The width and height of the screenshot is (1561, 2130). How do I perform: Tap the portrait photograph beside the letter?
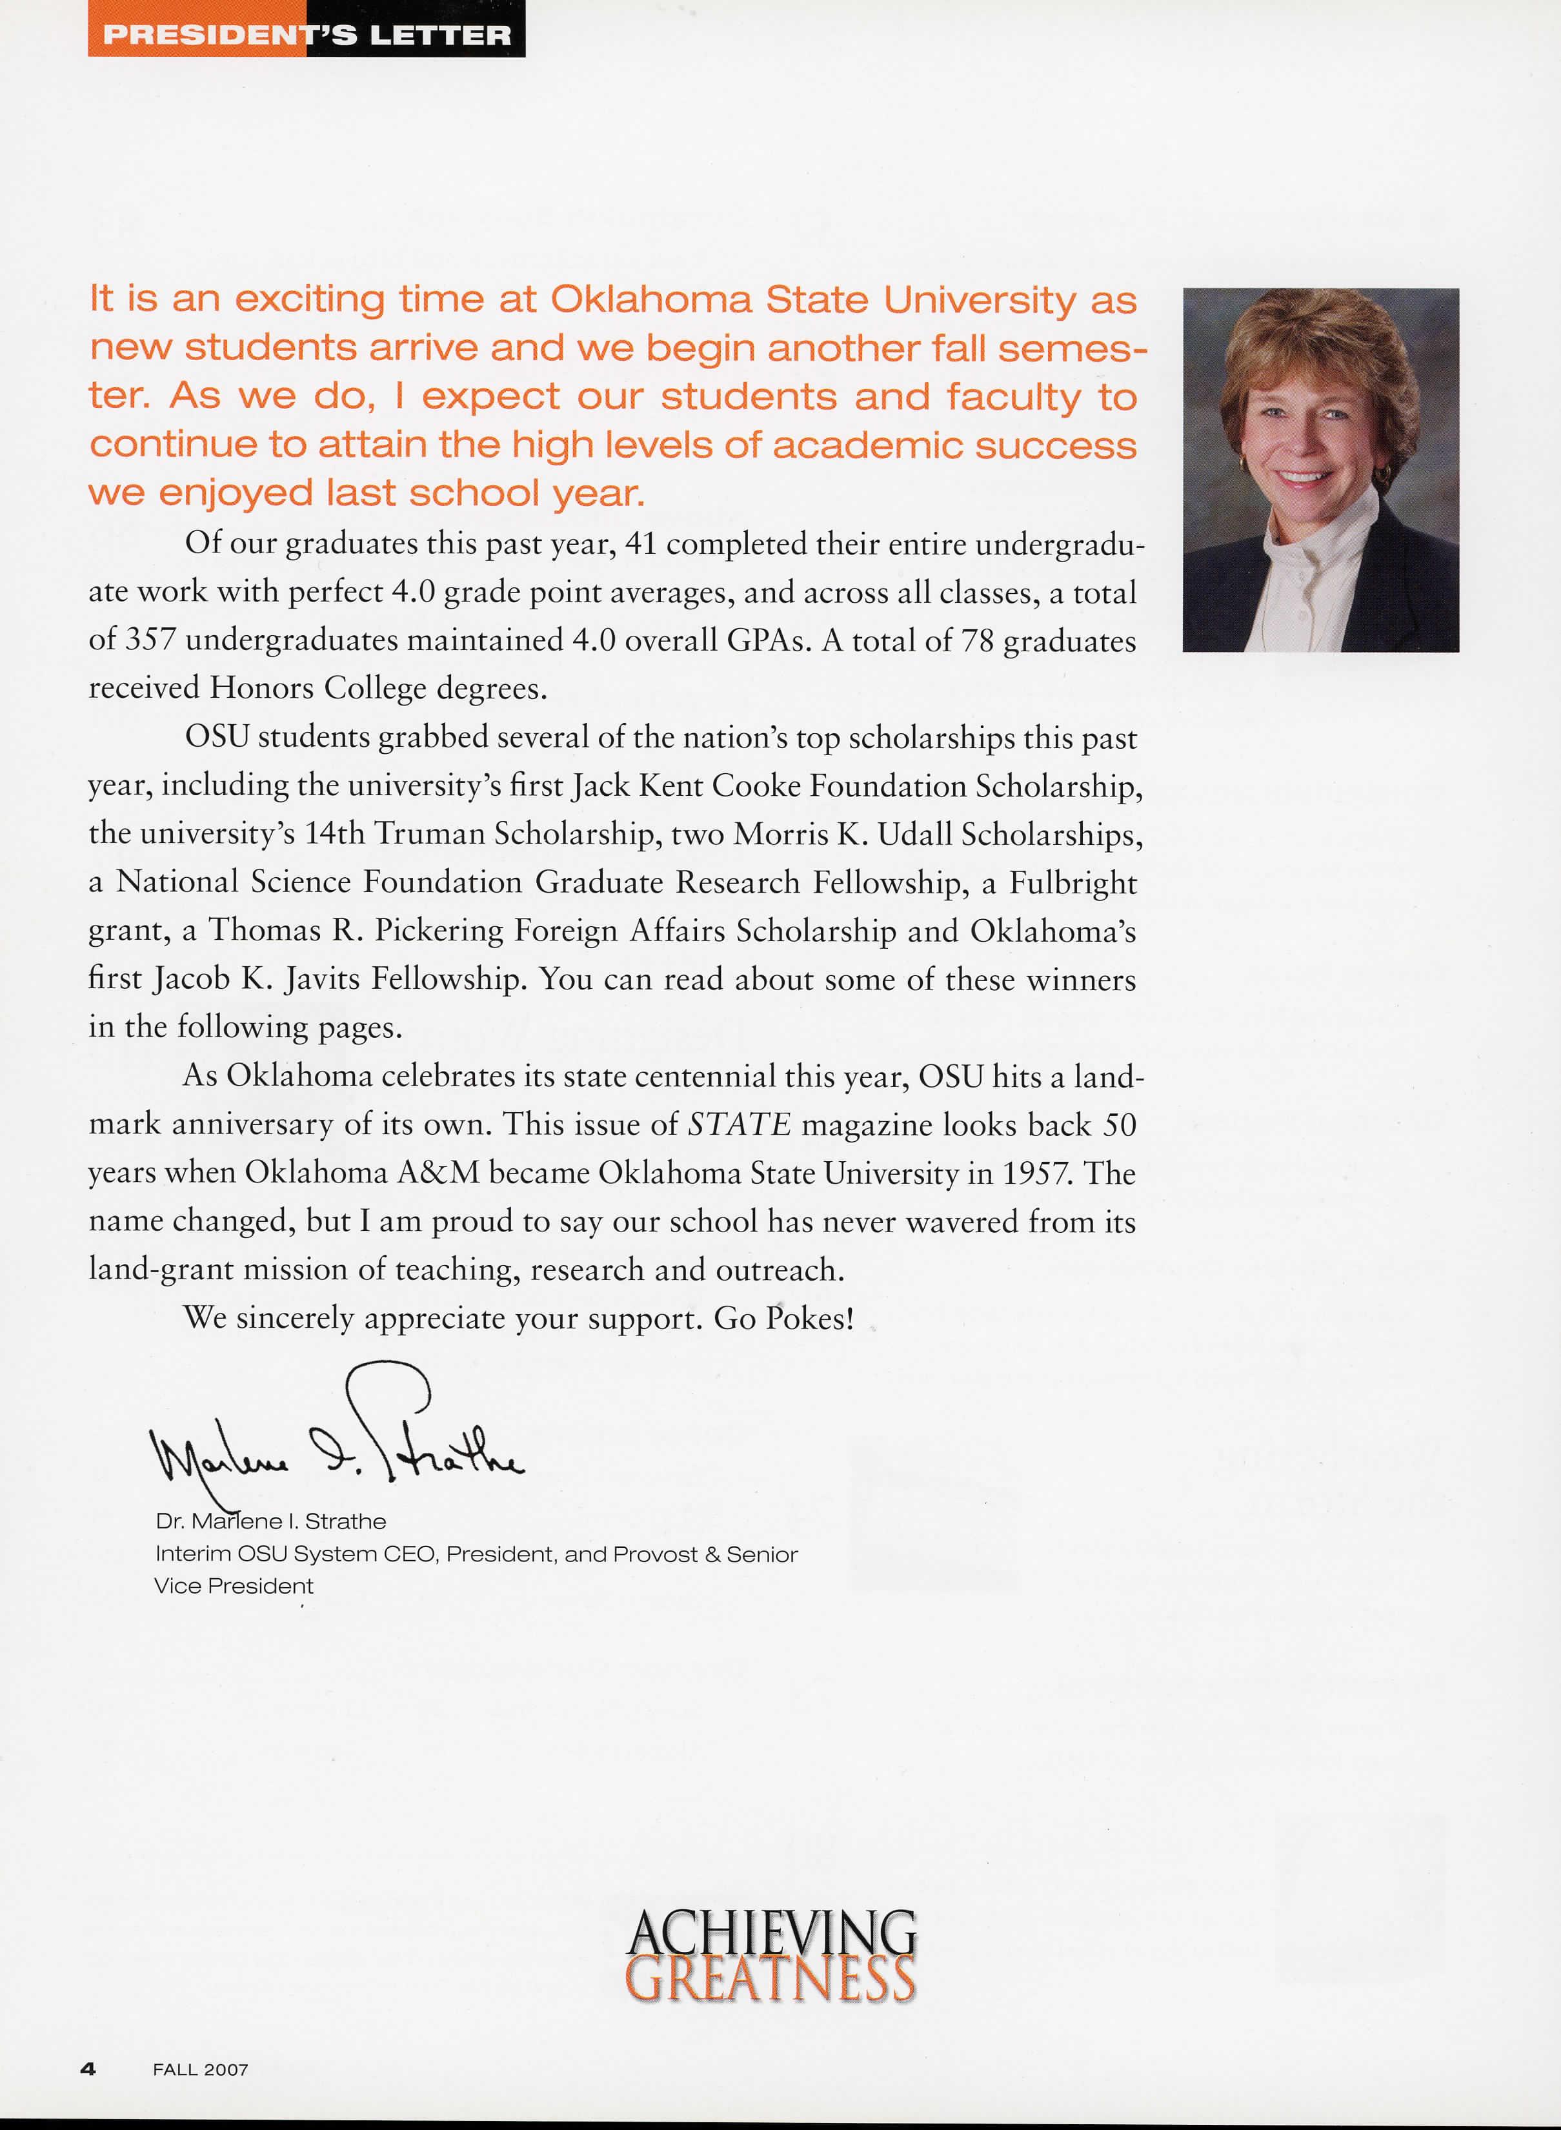pos(1320,470)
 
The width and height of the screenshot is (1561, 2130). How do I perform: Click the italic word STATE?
pos(739,1124)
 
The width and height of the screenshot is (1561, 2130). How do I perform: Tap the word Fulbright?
pos(1073,882)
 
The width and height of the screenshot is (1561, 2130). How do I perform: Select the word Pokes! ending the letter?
pos(810,1317)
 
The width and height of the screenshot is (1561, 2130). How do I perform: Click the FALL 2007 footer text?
pos(200,2069)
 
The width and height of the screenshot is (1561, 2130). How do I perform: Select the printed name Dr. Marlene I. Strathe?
pos(271,1521)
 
